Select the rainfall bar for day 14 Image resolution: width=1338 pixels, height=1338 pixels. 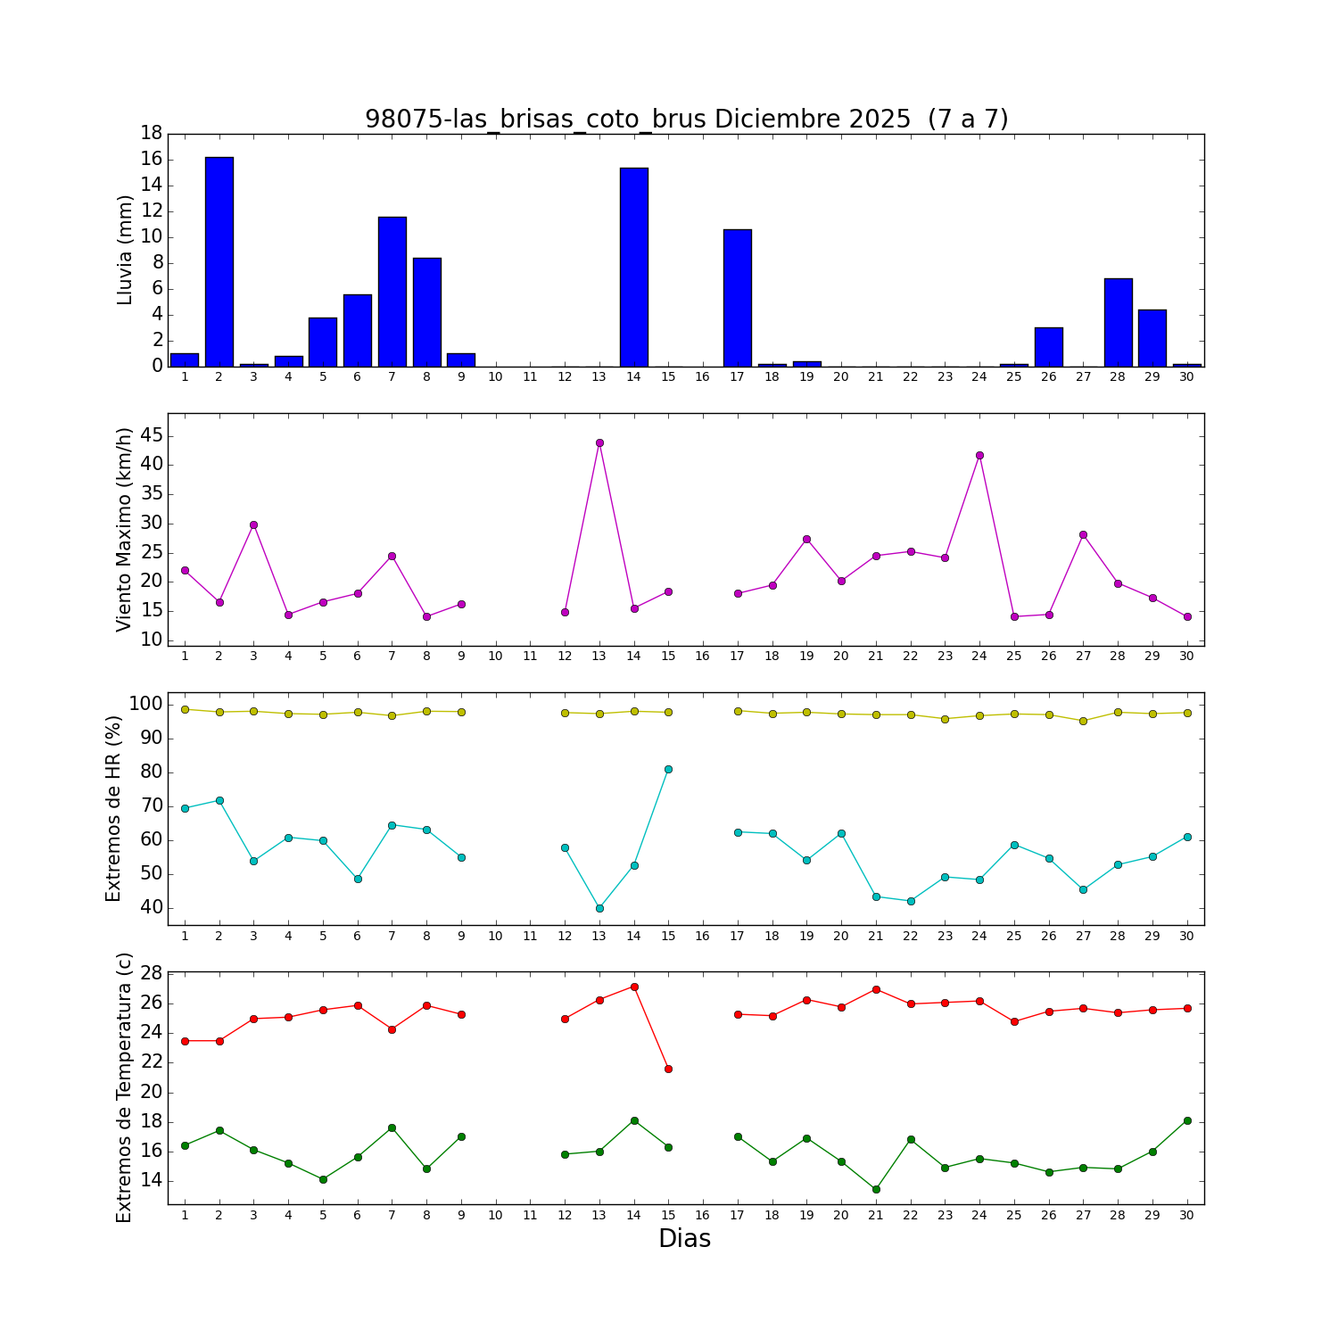click(634, 267)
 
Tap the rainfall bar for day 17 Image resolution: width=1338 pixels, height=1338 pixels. click(738, 298)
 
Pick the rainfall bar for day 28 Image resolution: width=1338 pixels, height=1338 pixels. click(1118, 322)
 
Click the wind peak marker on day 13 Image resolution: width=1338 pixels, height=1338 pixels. click(599, 442)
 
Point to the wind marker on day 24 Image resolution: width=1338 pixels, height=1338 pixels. click(979, 455)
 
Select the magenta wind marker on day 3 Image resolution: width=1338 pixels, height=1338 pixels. click(253, 524)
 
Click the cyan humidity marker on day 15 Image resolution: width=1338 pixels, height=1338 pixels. click(668, 769)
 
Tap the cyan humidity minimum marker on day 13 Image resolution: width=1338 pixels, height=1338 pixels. click(599, 908)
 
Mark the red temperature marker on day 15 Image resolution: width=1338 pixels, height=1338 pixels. click(668, 1069)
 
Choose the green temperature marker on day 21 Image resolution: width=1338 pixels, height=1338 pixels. click(876, 1189)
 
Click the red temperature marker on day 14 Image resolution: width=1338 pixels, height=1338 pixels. click(634, 987)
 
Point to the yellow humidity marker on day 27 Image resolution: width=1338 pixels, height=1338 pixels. click(1083, 721)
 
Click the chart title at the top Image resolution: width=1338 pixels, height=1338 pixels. click(686, 120)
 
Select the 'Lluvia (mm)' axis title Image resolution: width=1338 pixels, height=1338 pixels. click(125, 250)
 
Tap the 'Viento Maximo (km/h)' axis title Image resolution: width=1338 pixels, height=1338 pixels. click(125, 529)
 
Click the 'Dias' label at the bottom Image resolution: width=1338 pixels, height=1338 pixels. click(684, 1238)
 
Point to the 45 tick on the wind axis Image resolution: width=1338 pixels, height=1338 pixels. click(151, 435)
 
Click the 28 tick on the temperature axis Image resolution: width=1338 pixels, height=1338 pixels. click(151, 973)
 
